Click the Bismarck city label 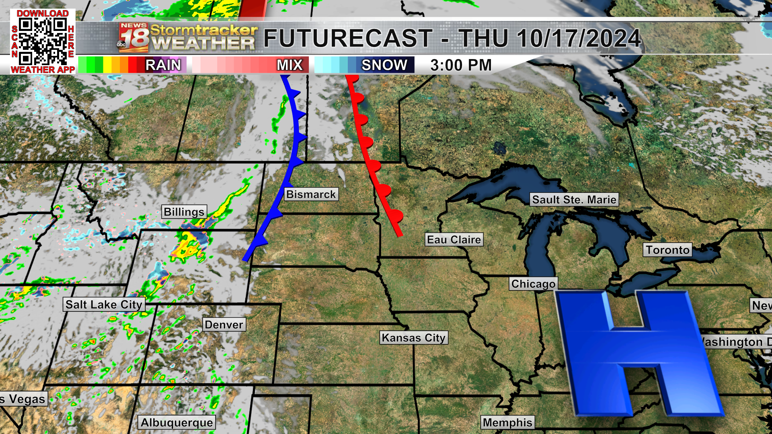pyautogui.click(x=311, y=194)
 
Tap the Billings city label pyautogui.click(x=184, y=212)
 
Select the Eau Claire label pyautogui.click(x=454, y=240)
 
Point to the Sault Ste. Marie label pyautogui.click(x=574, y=200)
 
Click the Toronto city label pyautogui.click(x=667, y=250)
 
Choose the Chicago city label pyautogui.click(x=533, y=284)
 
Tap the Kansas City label pyautogui.click(x=413, y=338)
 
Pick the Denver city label pyautogui.click(x=224, y=325)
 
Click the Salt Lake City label pyautogui.click(x=104, y=305)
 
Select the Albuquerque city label pyautogui.click(x=177, y=423)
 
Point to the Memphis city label pyautogui.click(x=507, y=423)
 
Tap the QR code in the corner pyautogui.click(x=43, y=41)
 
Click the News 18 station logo pyautogui.click(x=133, y=38)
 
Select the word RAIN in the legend pyautogui.click(x=163, y=65)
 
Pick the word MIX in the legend pyautogui.click(x=289, y=65)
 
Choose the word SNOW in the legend pyautogui.click(x=384, y=65)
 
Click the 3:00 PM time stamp pyautogui.click(x=461, y=65)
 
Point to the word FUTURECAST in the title pyautogui.click(x=348, y=39)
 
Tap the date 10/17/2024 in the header pyautogui.click(x=579, y=39)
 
